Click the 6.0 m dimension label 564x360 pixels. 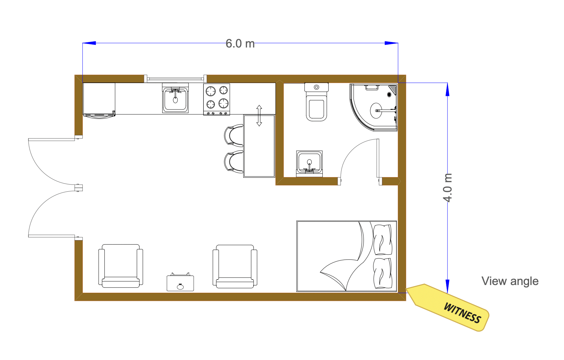pyautogui.click(x=240, y=44)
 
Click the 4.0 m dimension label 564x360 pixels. pyautogui.click(x=448, y=188)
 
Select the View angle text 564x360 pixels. pyautogui.click(x=510, y=281)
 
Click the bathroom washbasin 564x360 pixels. pyautogui.click(x=309, y=164)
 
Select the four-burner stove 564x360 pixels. pyautogui.click(x=217, y=99)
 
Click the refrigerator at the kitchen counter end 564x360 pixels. pyautogui.click(x=99, y=100)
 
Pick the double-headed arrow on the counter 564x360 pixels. pyautogui.click(x=259, y=116)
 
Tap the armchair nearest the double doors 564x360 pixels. pyautogui.click(x=121, y=266)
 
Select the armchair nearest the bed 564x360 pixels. pyautogui.click(x=235, y=266)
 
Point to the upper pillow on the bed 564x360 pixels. pyautogui.click(x=383, y=239)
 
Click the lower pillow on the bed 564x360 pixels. pyautogui.click(x=383, y=273)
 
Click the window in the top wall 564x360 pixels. pyautogui.click(x=175, y=79)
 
